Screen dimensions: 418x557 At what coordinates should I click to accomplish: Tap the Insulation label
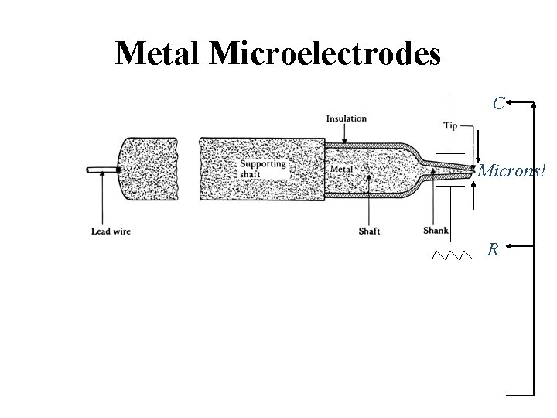pos(346,118)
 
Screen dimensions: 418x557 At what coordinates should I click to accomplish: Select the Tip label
pos(450,125)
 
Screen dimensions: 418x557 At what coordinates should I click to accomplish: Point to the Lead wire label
pos(110,230)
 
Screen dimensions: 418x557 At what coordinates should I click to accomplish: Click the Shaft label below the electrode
pos(369,230)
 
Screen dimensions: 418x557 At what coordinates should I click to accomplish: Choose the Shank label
pos(436,230)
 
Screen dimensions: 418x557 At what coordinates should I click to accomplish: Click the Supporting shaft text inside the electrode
pos(262,168)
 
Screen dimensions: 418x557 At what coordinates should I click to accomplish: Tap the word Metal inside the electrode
pos(341,169)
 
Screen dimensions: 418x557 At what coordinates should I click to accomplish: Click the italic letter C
pos(500,102)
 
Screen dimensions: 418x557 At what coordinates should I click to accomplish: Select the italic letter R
pos(492,249)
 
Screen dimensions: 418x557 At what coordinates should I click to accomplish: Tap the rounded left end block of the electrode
pos(147,170)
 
